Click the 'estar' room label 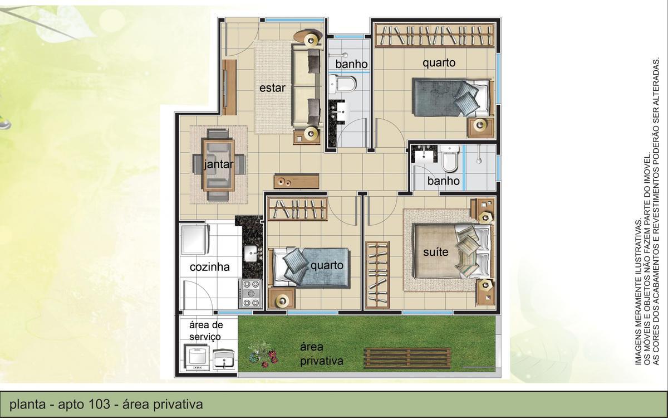272,88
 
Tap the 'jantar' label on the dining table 218,164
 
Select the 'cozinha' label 209,267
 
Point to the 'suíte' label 435,252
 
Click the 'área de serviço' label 205,331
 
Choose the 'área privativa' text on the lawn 322,354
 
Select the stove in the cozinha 251,293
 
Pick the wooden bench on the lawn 407,358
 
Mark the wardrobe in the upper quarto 434,35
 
